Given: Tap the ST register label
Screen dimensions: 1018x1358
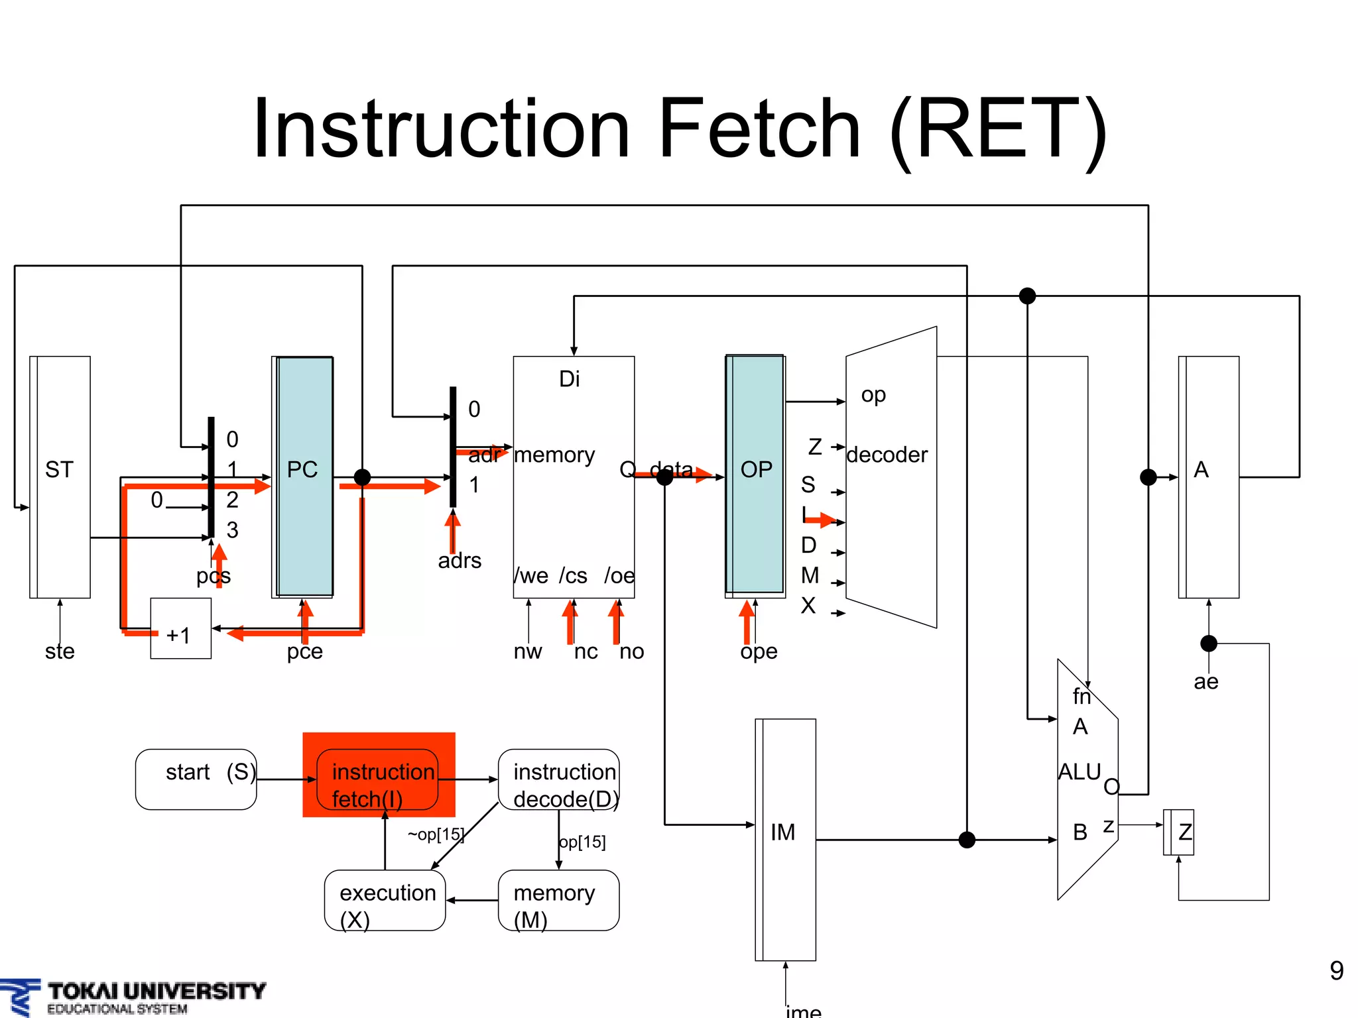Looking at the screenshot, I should tap(59, 470).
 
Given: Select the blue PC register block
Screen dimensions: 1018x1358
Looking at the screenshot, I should tap(304, 477).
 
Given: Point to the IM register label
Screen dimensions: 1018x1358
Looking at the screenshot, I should tap(782, 832).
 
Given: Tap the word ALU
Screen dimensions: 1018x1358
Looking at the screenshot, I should tap(1079, 772).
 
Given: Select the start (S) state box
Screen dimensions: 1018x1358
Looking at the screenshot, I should tap(196, 779).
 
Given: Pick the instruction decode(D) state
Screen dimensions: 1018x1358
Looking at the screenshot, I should tap(559, 781).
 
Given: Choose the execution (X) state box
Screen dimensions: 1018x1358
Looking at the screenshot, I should tap(385, 900).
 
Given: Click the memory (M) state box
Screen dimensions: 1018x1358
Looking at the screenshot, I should tap(558, 900).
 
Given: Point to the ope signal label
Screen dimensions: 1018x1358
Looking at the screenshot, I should tap(759, 651).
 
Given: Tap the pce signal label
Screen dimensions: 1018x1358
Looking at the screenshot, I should tap(304, 651).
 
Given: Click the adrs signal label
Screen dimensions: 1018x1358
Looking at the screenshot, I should tap(460, 561).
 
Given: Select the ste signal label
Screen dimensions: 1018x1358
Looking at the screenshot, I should tap(60, 651).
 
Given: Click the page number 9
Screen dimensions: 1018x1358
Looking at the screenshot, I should tap(1336, 971).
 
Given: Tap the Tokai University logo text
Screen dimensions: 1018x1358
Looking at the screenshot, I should tap(156, 991).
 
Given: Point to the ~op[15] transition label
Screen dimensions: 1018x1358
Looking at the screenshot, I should tap(436, 834).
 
